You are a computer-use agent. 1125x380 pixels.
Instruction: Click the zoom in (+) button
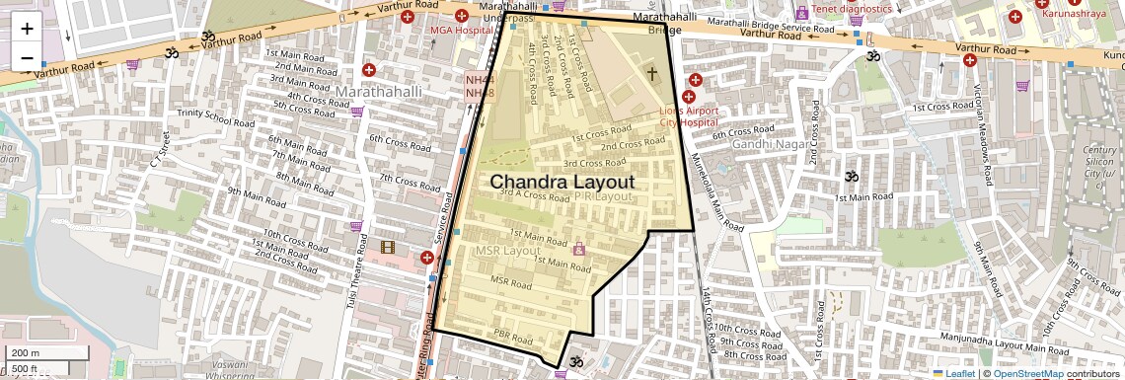pyautogui.click(x=27, y=28)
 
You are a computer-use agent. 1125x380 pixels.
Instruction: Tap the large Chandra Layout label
pyautogui.click(x=562, y=183)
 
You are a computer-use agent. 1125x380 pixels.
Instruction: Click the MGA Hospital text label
pyautogui.click(x=460, y=31)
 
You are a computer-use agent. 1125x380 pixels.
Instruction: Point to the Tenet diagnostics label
pyautogui.click(x=852, y=10)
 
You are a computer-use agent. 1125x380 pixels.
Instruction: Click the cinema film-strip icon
pyautogui.click(x=388, y=246)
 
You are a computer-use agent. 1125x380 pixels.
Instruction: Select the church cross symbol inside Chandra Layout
pyautogui.click(x=651, y=73)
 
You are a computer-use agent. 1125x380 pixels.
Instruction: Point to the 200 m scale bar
pyautogui.click(x=45, y=353)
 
